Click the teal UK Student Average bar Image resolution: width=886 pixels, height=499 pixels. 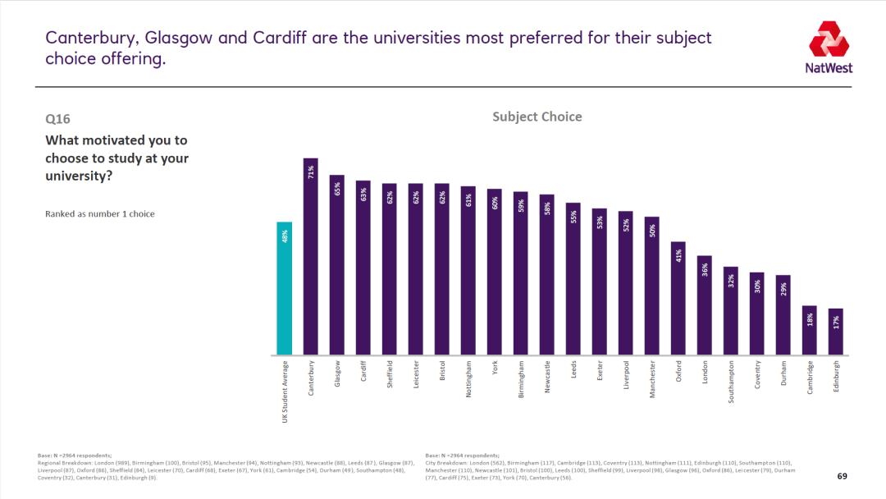(x=284, y=288)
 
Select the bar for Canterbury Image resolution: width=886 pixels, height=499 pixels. (x=310, y=256)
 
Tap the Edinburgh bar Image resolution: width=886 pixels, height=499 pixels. (x=835, y=332)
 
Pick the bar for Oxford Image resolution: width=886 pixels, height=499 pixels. (x=678, y=298)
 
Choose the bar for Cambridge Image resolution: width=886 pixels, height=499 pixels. (x=809, y=330)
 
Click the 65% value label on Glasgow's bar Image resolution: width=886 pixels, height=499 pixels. (x=336, y=190)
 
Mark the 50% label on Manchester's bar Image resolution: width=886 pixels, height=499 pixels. (x=651, y=231)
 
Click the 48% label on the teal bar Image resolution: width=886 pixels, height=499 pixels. (x=284, y=236)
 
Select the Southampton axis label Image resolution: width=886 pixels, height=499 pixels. (x=730, y=382)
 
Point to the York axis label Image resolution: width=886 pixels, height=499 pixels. (x=494, y=369)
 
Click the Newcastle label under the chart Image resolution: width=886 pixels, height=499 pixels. (x=546, y=378)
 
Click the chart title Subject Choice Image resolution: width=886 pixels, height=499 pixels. (x=537, y=117)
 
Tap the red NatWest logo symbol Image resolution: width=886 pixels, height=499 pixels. (x=829, y=39)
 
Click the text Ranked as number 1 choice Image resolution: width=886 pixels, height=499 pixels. (x=99, y=214)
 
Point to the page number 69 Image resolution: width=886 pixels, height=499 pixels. (x=842, y=476)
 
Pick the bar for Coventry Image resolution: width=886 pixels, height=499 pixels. (x=756, y=314)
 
